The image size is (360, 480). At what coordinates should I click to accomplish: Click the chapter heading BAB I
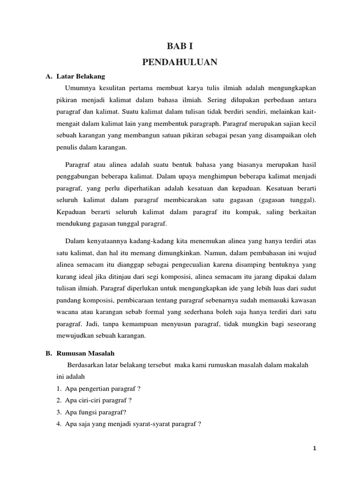(x=180, y=46)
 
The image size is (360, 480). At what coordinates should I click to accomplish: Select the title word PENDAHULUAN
(x=180, y=62)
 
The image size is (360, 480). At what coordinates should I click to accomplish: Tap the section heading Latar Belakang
(x=81, y=76)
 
